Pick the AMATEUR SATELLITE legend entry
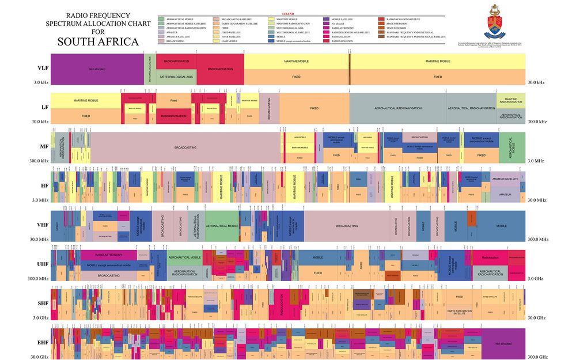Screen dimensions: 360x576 pos(176,36)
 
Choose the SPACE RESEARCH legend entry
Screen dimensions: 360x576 pos(397,28)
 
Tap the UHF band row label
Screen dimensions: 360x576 pos(41,264)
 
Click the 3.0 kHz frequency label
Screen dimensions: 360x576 pos(40,82)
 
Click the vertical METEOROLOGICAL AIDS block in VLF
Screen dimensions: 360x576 pos(149,69)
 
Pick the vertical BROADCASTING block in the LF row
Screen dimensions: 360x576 pos(269,108)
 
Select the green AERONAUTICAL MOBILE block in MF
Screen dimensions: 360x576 pos(512,147)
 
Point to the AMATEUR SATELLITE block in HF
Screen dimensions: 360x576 pos(505,179)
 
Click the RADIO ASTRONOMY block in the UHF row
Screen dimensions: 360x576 pos(108,254)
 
